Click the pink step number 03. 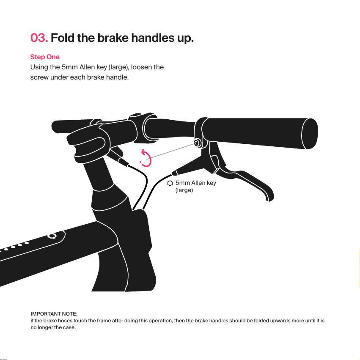point(39,38)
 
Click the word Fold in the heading point(63,38)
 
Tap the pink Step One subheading point(45,57)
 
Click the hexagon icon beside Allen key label point(170,183)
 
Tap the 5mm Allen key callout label point(195,187)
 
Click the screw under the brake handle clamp point(197,143)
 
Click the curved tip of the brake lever point(269,198)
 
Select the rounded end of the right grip point(310,133)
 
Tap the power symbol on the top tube point(52,236)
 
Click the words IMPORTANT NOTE point(54,314)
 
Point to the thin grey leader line point(170,151)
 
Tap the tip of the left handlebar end point(53,127)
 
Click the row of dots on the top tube point(14,247)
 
